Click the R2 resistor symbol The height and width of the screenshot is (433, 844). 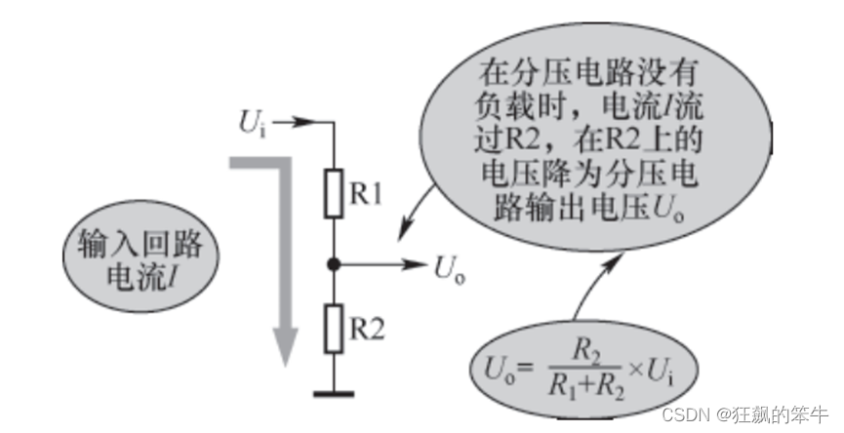pos(334,329)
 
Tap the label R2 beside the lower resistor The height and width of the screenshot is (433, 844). pos(367,329)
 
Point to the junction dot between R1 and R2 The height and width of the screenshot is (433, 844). pos(334,263)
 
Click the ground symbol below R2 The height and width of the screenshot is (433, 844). pos(334,394)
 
